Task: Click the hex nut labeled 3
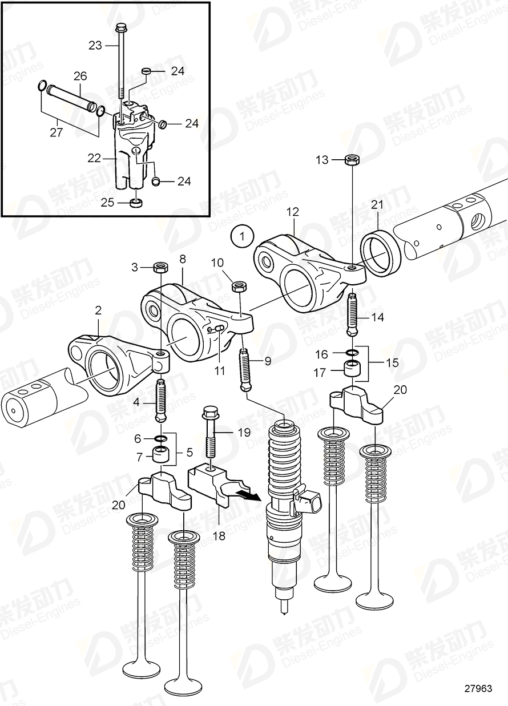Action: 160,267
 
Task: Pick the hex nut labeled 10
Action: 239,284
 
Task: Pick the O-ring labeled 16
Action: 353,354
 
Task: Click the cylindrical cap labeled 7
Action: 160,455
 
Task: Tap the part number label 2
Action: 98,310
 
